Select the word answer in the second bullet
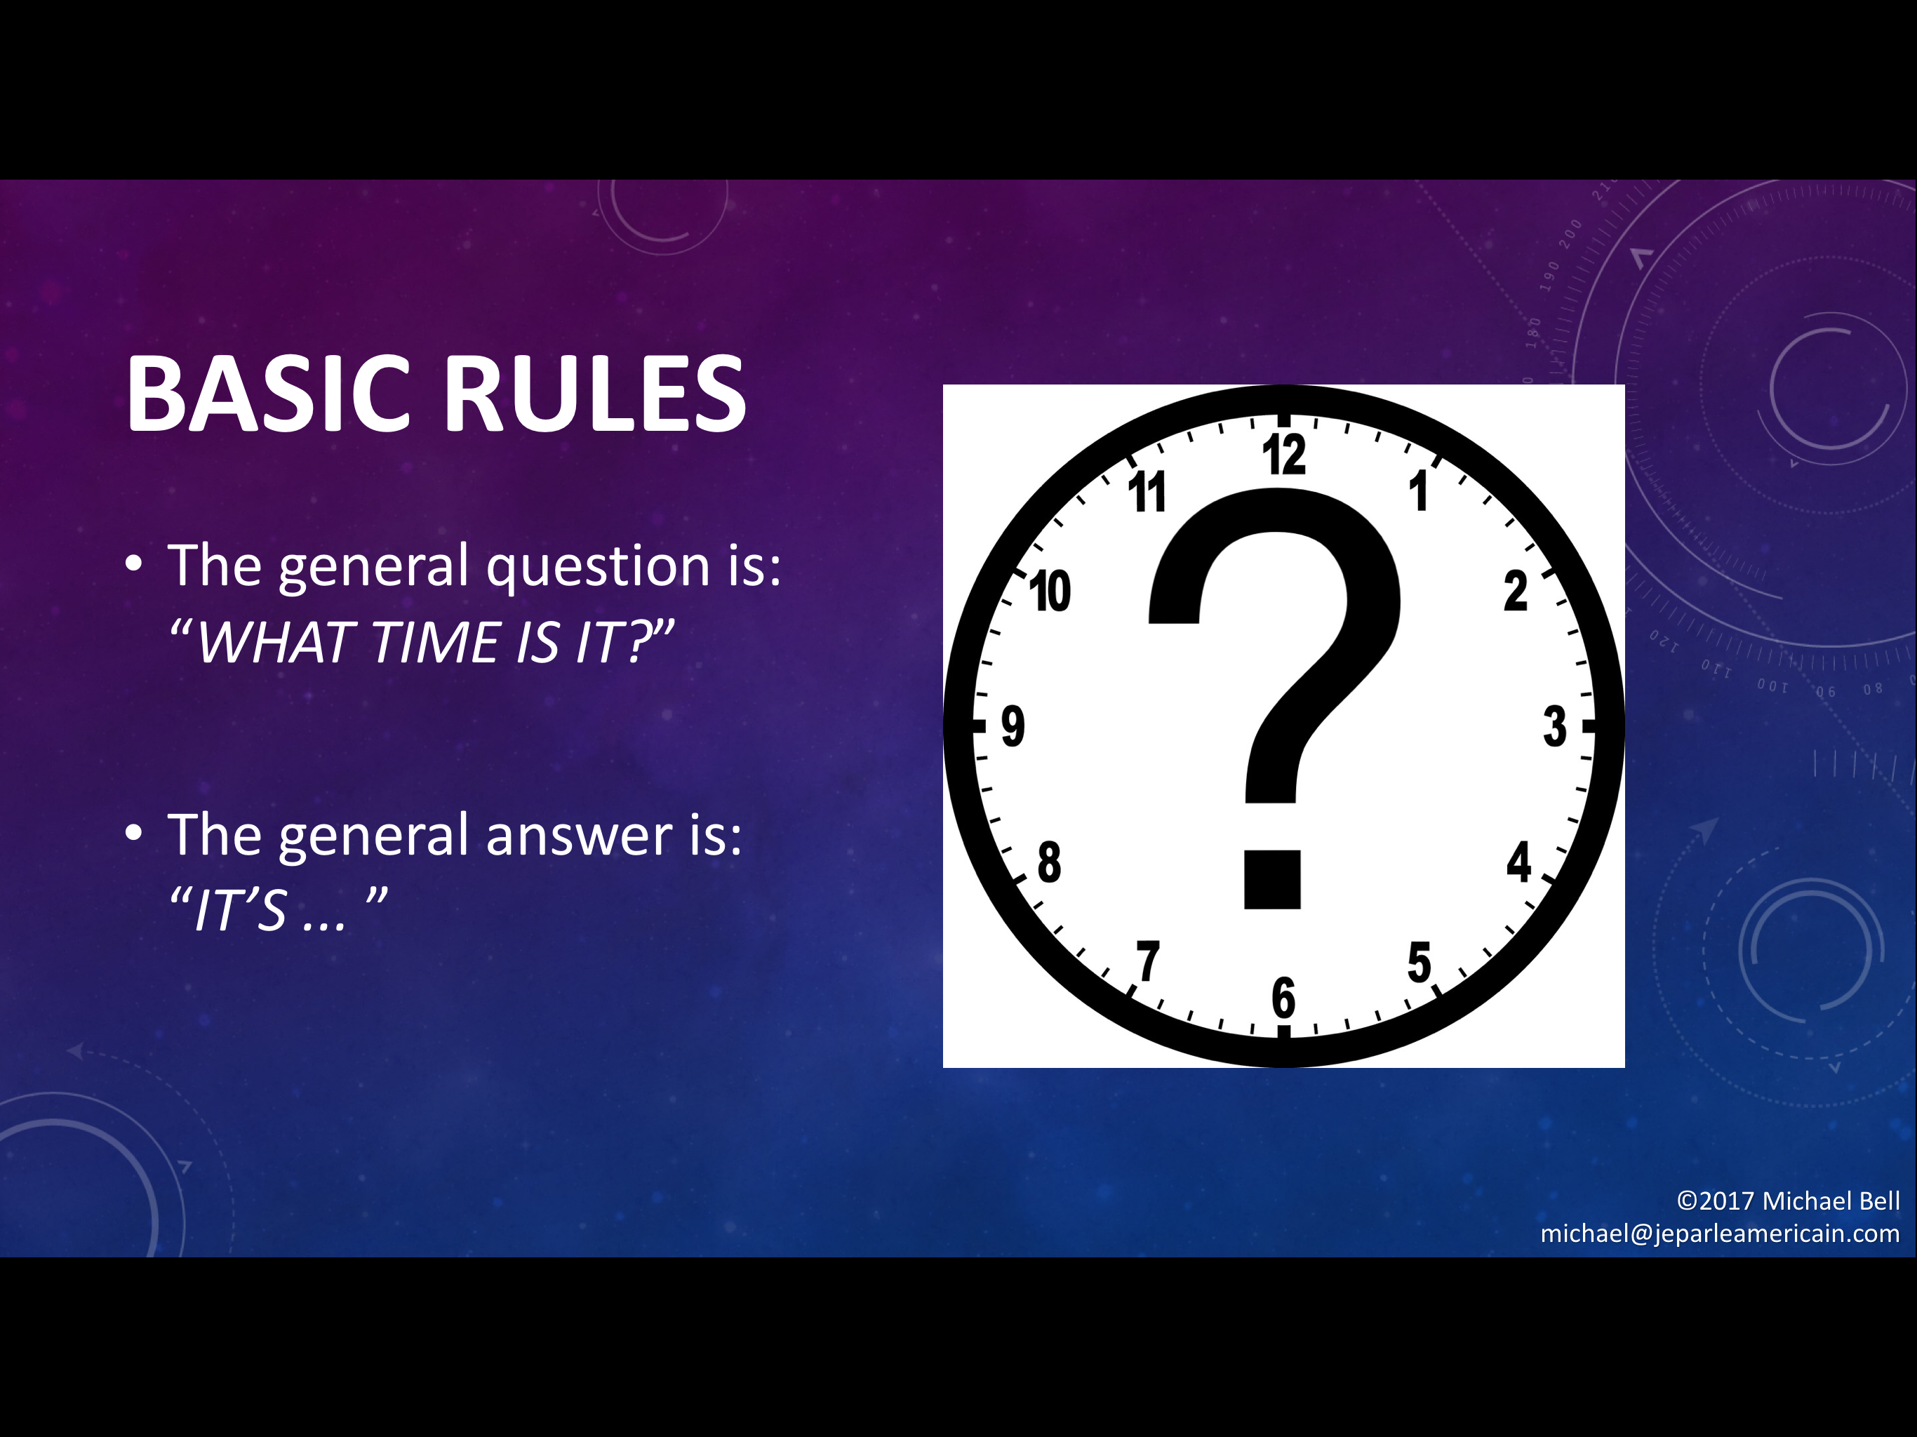(580, 836)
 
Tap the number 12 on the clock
(1283, 454)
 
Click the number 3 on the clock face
(1555, 726)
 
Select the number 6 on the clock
(1283, 998)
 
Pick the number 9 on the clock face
(1013, 726)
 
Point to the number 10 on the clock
(1050, 592)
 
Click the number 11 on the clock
(1147, 493)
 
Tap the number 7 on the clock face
(1148, 961)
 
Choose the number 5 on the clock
(1419, 961)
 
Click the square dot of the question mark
(1272, 879)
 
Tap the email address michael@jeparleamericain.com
(1719, 1234)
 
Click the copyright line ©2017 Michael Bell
(1788, 1201)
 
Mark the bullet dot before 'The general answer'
(133, 833)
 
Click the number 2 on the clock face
(1516, 592)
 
